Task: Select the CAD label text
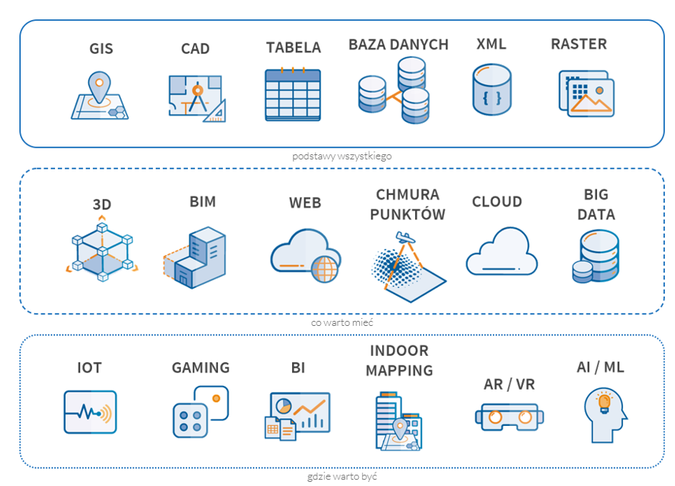click(x=195, y=49)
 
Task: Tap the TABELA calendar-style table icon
click(x=292, y=94)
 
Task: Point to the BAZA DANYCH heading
click(x=398, y=44)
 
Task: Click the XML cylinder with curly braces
click(x=491, y=90)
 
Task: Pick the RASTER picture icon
click(x=586, y=94)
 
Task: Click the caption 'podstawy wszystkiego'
click(x=342, y=156)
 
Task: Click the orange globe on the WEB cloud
click(x=325, y=269)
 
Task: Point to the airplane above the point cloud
click(x=405, y=237)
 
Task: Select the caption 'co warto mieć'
click(x=342, y=322)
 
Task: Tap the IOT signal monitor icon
click(x=90, y=412)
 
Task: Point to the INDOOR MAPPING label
click(x=399, y=360)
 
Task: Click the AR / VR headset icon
click(x=506, y=417)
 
